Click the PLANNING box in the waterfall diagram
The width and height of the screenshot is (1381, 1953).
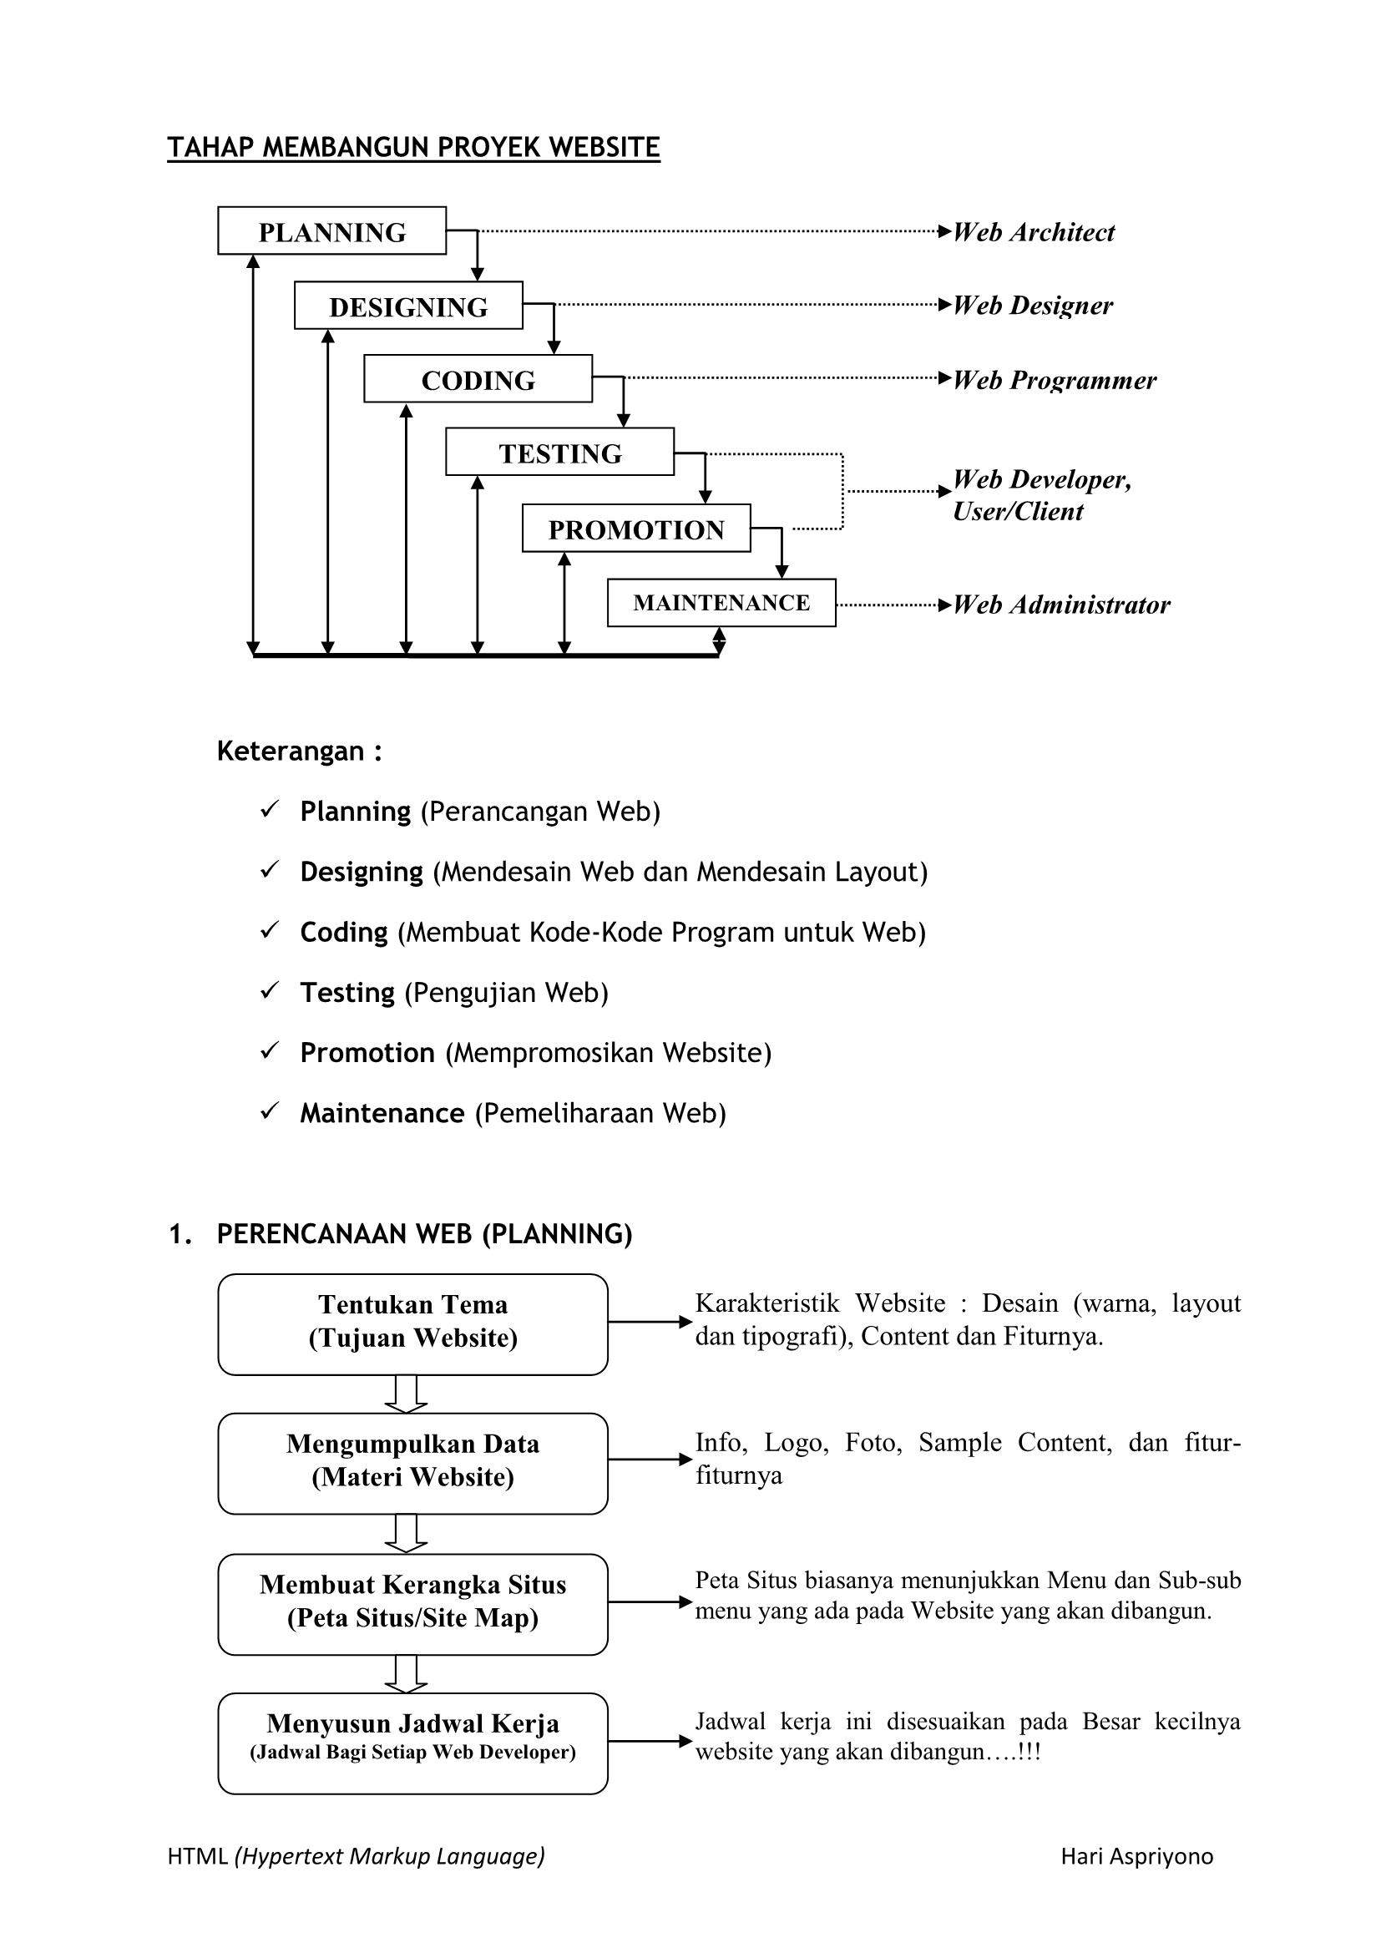pyautogui.click(x=331, y=230)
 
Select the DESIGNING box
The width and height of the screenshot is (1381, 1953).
pyautogui.click(x=408, y=306)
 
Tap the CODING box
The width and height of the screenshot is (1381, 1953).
pyautogui.click(x=478, y=378)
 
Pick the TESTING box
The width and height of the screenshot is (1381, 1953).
pyautogui.click(x=559, y=452)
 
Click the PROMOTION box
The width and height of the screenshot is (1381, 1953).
pyautogui.click(x=636, y=529)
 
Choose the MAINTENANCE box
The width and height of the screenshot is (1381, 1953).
pyautogui.click(x=721, y=603)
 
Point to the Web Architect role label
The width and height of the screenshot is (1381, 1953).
pyautogui.click(x=1033, y=232)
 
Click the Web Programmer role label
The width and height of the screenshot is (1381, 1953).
pyautogui.click(x=1055, y=380)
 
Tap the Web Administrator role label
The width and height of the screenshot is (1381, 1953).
pyautogui.click(x=1061, y=605)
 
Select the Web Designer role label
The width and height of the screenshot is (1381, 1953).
pyautogui.click(x=1032, y=306)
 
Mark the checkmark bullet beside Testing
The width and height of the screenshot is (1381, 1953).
pyautogui.click(x=270, y=990)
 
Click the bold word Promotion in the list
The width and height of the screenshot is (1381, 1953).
pyautogui.click(x=367, y=1053)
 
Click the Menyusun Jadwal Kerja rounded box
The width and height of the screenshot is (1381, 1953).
pyautogui.click(x=412, y=1743)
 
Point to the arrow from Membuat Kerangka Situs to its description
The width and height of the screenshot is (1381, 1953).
pyautogui.click(x=650, y=1602)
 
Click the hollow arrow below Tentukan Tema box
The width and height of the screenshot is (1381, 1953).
pyautogui.click(x=406, y=1394)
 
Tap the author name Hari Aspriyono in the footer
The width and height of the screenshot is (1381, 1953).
pyautogui.click(x=1136, y=1856)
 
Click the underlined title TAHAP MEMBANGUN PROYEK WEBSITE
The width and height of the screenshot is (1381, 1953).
pyautogui.click(x=413, y=148)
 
